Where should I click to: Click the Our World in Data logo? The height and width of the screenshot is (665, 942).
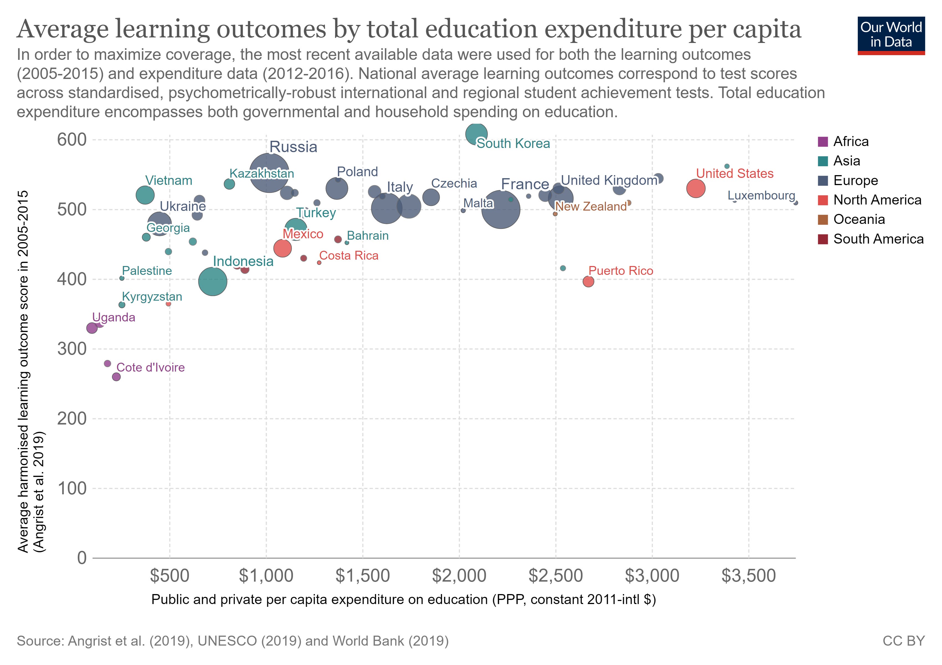[x=891, y=35]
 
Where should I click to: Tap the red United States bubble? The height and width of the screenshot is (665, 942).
[x=695, y=189]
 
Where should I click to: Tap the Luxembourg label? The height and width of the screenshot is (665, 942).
[x=761, y=195]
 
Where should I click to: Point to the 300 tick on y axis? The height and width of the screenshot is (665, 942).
[x=72, y=349]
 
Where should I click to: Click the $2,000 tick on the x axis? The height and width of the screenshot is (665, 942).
[x=459, y=576]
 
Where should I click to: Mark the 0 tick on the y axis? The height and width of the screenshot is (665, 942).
[x=82, y=558]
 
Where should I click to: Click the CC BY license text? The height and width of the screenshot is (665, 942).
[x=903, y=641]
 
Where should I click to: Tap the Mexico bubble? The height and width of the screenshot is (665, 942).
[x=282, y=248]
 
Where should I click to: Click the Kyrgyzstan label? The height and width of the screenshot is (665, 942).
[x=152, y=296]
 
